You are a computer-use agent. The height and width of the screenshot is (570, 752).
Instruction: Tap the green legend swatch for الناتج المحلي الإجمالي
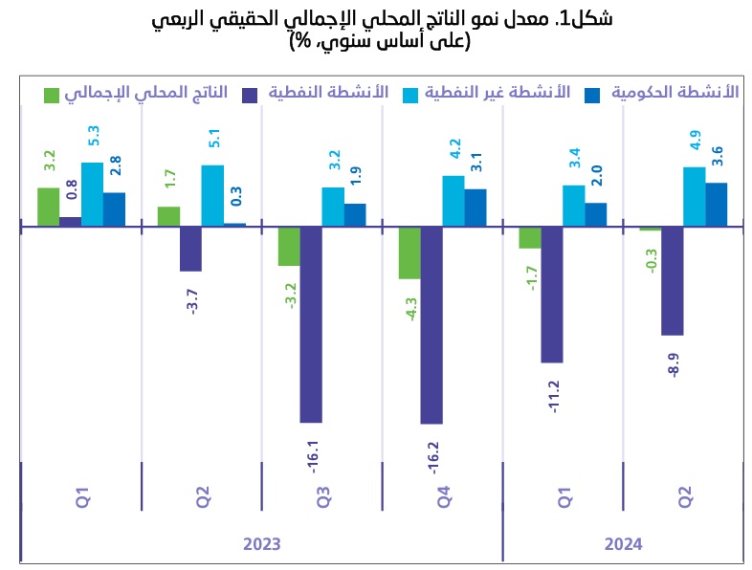click(53, 94)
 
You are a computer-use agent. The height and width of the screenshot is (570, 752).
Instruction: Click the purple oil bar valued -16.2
click(431, 325)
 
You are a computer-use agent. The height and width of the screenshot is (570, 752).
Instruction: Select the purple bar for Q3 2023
click(311, 324)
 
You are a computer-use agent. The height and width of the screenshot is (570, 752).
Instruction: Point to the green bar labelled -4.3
click(409, 252)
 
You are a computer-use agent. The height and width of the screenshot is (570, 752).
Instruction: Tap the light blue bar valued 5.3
click(93, 194)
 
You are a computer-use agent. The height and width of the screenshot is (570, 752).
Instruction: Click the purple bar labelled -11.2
click(552, 295)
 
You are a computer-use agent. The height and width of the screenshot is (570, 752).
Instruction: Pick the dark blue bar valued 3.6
click(717, 205)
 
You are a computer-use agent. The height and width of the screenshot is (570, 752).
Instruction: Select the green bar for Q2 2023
click(168, 216)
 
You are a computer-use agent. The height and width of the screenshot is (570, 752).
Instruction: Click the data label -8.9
click(674, 364)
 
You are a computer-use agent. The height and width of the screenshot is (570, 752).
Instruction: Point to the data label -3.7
click(192, 300)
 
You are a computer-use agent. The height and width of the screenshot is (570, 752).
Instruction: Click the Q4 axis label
click(444, 497)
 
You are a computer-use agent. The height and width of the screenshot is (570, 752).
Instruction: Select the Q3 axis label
click(323, 497)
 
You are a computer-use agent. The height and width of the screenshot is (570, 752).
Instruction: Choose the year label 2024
click(623, 544)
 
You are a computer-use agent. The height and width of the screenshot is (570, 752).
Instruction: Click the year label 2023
click(261, 544)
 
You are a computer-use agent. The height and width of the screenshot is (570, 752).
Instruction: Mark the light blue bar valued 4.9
click(694, 197)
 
